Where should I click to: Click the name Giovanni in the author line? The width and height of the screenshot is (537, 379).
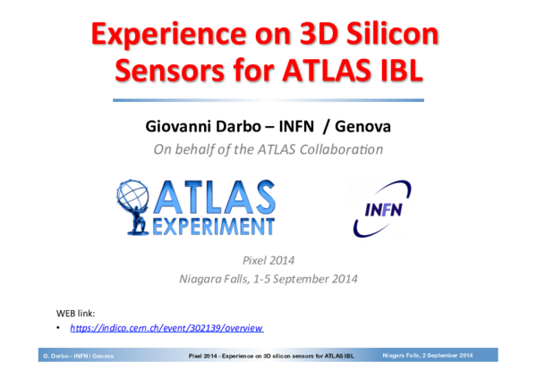(x=179, y=128)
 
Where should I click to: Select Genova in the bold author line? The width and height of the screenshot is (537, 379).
(x=362, y=128)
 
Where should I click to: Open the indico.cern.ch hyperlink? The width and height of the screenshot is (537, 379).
(x=166, y=329)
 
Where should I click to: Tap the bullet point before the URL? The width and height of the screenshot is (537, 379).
(x=59, y=329)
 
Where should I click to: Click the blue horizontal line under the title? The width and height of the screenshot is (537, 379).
(x=268, y=100)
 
